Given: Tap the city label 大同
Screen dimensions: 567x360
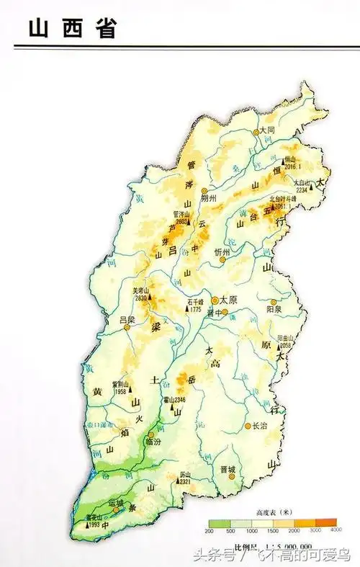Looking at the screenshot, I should point(268,130).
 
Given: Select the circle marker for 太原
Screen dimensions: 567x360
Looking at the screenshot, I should point(215,300).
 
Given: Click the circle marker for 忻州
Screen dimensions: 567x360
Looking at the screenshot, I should point(222,260).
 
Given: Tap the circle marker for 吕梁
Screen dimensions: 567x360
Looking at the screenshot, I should point(127,326).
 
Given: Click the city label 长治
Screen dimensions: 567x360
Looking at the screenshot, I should point(259,427).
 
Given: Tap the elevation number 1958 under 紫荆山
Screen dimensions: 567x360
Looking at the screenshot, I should point(120,391).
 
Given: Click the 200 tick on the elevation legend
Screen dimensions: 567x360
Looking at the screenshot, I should point(210,530).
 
